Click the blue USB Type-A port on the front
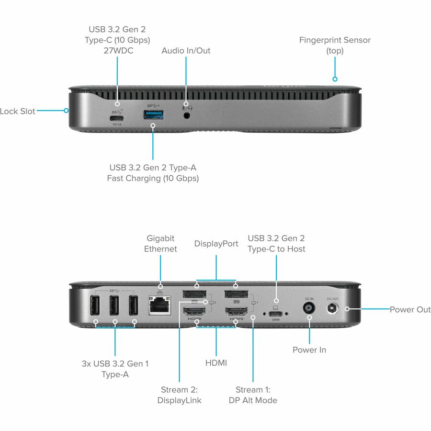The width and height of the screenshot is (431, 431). click(153, 115)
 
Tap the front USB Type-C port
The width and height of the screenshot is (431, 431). click(117, 118)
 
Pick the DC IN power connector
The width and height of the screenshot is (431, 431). click(309, 310)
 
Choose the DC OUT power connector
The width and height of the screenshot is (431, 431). click(332, 309)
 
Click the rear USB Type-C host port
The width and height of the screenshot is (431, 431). click(276, 314)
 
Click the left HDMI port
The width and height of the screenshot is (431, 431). click(196, 314)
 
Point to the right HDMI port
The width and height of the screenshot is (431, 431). click(236, 314)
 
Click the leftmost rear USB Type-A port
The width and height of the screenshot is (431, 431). click(95, 306)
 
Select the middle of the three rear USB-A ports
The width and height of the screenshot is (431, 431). click(114, 306)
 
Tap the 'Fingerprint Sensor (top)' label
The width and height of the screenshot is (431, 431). click(335, 45)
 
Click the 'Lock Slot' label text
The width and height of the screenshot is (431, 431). click(18, 111)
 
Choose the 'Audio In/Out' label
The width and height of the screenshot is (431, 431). click(186, 51)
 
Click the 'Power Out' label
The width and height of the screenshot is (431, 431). click(410, 309)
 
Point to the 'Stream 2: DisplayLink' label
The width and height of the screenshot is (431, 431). click(180, 395)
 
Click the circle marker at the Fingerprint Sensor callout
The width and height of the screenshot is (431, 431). click(335, 79)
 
